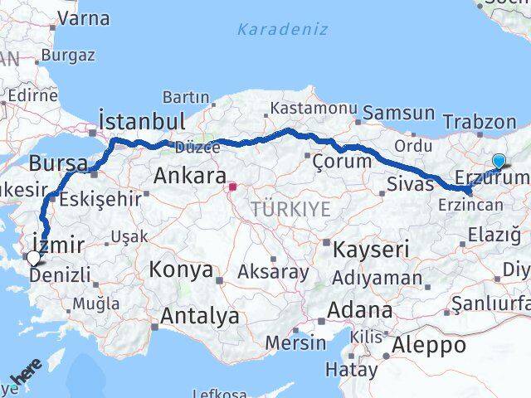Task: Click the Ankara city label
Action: tap(190, 176)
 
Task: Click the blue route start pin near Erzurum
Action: tap(499, 162)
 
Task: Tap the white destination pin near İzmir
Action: tap(33, 259)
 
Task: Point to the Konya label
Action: tap(181, 270)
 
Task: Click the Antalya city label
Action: tap(200, 316)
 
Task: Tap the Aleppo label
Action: tap(431, 344)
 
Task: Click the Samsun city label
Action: tap(399, 113)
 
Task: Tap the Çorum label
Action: tap(343, 160)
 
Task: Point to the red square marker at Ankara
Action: tap(233, 187)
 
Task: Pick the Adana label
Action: tap(360, 311)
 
